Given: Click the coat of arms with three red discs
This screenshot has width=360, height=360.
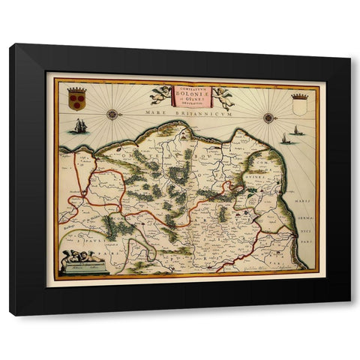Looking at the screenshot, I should point(76,99).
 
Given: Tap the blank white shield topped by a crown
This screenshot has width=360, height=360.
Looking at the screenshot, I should point(299,104).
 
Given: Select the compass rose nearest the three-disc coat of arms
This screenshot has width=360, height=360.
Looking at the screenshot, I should point(113,114).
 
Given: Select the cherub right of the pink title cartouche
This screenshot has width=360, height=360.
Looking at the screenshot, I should point(223,97).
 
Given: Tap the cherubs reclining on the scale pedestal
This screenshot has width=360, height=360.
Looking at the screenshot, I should point(82,256).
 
